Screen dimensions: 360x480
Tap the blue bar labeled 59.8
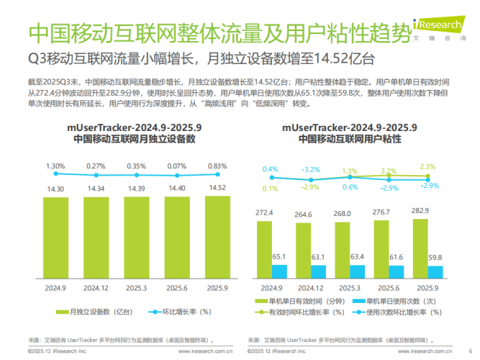tap(435, 272)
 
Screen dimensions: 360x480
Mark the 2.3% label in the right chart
tap(427, 166)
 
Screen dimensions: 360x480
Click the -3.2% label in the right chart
tap(311, 169)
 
